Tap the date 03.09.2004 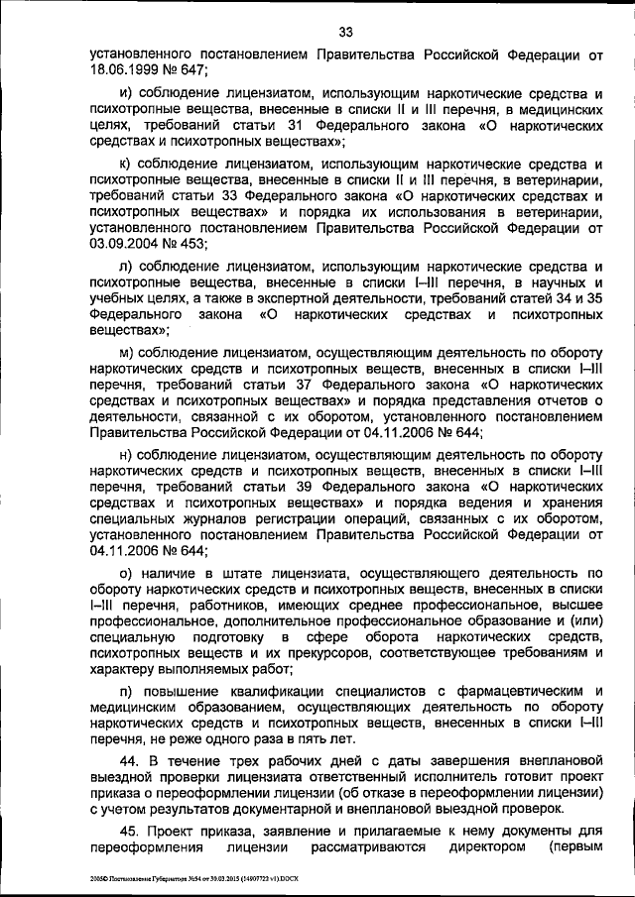coord(122,242)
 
